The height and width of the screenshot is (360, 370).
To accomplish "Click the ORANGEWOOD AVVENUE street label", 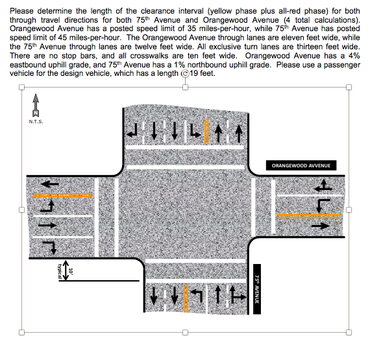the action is pos(301,165).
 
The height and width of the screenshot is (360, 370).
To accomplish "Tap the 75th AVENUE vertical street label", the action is pos(257,289).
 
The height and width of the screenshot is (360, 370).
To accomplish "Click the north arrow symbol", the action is pos(36,105).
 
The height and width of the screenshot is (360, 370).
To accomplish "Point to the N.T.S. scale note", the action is pos(36,122).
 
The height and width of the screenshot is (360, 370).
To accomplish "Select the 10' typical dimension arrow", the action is pos(66,270).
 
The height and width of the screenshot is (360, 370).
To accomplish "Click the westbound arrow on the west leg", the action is pos(49,184).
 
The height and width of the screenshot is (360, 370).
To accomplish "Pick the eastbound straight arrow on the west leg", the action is pos(47,225).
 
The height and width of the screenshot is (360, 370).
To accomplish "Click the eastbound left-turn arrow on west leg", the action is pos(47,206).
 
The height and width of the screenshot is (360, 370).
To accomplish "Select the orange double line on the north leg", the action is pos(206,132).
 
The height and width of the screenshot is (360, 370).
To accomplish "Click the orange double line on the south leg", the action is pos(186,299).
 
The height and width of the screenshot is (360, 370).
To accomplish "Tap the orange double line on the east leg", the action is pos(308,216).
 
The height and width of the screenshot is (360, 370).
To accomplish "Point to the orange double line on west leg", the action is pos(63,195).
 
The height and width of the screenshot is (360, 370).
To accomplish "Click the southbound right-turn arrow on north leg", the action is pos(132,131).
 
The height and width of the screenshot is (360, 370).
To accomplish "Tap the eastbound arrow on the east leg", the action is pos(321,226).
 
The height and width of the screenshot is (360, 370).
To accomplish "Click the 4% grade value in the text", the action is pos(354,56).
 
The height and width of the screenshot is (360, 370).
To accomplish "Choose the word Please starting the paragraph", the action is pos(21,11).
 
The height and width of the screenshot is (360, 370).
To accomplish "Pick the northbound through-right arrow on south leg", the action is pos(238,294).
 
